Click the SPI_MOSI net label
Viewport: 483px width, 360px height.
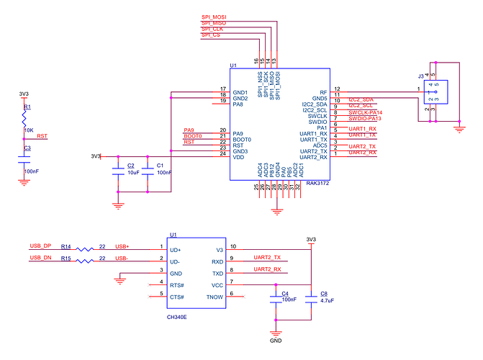click(x=214, y=17)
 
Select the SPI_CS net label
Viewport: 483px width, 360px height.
click(x=211, y=35)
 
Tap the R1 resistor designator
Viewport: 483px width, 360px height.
click(x=27, y=107)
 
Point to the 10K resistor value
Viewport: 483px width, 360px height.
click(x=29, y=130)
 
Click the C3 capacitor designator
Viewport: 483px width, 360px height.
click(x=27, y=148)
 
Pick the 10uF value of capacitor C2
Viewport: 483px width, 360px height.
click(x=132, y=173)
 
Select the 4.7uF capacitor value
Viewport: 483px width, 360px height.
click(x=328, y=300)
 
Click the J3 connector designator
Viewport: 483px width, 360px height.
click(x=420, y=75)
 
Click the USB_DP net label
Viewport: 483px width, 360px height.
click(x=40, y=246)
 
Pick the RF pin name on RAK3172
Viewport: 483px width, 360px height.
click(x=324, y=93)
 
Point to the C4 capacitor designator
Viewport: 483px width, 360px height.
click(x=285, y=293)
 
